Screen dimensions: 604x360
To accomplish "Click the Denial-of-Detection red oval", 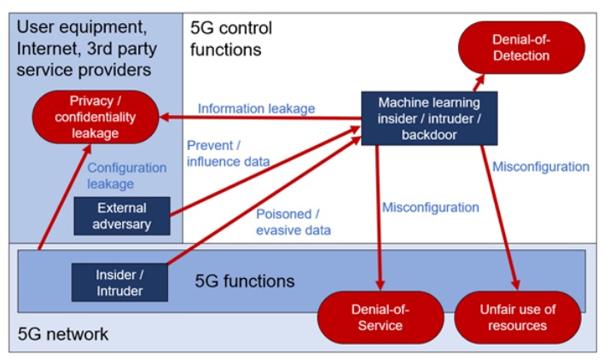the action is pos(521,48).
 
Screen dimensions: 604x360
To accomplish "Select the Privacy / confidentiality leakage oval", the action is pos(96,117).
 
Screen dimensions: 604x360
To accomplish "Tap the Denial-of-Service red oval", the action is pos(380,317).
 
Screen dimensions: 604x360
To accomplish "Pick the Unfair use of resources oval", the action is pos(517,317).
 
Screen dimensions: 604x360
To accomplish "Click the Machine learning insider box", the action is pos(429,119).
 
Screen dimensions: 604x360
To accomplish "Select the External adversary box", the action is pos(122,216).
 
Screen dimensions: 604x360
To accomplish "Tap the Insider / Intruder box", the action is pos(119,282).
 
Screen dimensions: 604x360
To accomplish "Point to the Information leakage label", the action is pos(256,108).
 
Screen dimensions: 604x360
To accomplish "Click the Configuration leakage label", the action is pos(127,176).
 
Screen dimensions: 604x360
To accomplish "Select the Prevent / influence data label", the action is pos(228,154).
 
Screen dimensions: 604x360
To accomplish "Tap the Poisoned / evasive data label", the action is pos(293,222).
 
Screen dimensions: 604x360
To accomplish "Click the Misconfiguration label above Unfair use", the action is pos(541,166).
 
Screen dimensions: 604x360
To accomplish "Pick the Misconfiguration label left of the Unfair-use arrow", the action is pos(430,207).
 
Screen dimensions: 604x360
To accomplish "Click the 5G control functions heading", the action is pos(231,38).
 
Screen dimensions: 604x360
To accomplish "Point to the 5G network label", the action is pos(63,334).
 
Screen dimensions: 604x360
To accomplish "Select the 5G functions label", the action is pos(245,281).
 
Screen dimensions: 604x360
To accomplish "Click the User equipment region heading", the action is pos(87,48).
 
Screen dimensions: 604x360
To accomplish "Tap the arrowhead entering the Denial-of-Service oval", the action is pos(380,285).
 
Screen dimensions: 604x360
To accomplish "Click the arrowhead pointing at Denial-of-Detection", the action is pos(479,79).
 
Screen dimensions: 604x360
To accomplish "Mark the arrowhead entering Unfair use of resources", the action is pos(515,285).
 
